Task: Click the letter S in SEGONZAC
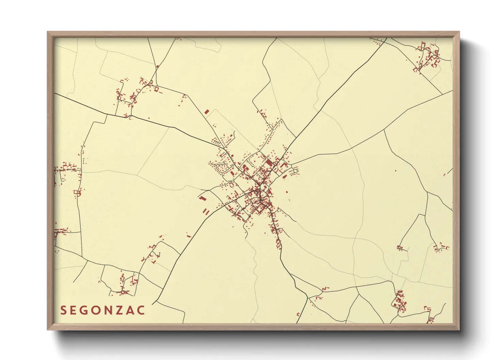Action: click(63, 310)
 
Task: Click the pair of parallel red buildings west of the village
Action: click(206, 212)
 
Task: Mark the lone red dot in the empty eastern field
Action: click(395, 170)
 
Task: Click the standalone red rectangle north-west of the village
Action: click(206, 111)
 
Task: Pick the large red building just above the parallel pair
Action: click(203, 198)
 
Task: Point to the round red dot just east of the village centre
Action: click(287, 192)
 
